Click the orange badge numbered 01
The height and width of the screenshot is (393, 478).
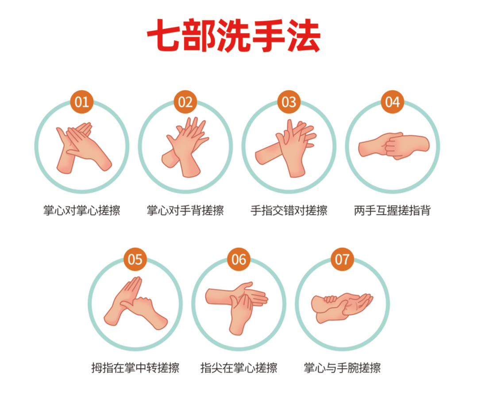tap(82, 102)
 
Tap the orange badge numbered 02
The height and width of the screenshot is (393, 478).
tap(185, 102)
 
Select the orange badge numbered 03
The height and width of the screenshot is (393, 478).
tap(289, 102)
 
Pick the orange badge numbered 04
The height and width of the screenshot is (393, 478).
tap(393, 102)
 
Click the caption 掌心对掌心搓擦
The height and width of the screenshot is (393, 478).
tap(82, 210)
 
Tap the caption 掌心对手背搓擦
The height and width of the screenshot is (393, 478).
tap(185, 210)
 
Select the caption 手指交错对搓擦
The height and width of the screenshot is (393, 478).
tap(289, 210)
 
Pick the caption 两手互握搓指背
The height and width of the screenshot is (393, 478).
tap(393, 210)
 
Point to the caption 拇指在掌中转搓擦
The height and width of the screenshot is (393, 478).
tap(135, 368)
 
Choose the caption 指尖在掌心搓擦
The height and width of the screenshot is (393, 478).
tap(239, 368)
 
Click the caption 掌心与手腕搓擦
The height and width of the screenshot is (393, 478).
tap(342, 368)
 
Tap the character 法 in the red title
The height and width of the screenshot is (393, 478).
tap(304, 35)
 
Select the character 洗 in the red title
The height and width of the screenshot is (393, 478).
tap(233, 35)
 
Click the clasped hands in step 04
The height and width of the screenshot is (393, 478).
tap(393, 146)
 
